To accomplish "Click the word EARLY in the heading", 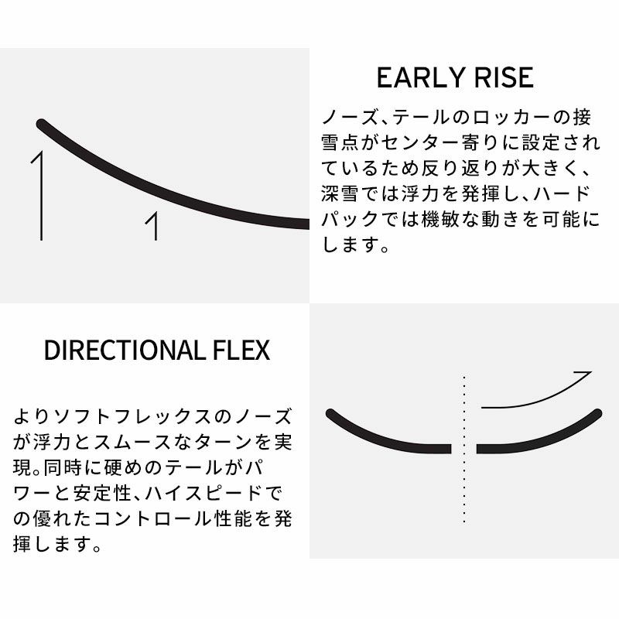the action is click(x=420, y=77).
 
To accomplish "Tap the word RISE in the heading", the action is click(x=504, y=77).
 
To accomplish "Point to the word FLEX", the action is click(x=241, y=350).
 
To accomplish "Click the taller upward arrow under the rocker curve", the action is click(x=39, y=196).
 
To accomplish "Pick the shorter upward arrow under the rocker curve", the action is click(x=153, y=226).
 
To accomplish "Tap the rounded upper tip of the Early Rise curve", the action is click(x=41, y=124).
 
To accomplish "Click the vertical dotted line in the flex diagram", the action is click(x=464, y=450).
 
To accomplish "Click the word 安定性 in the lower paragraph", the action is click(x=102, y=493).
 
